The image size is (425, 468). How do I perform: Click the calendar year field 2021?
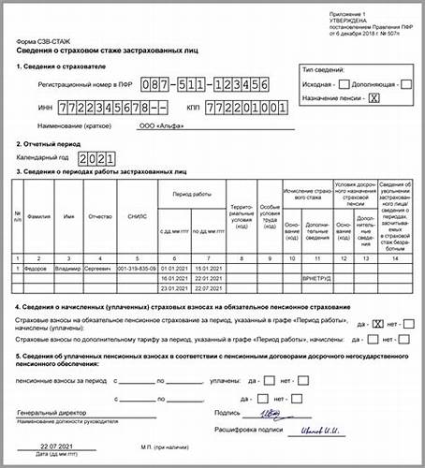coord(95,160)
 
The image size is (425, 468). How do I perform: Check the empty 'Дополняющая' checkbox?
coord(405,85)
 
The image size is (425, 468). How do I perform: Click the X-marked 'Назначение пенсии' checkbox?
coord(374,98)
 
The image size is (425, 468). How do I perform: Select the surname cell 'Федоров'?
coord(38,268)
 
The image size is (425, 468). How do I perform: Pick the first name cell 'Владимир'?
coord(68,268)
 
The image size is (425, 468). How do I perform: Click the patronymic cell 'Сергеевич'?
coord(96,268)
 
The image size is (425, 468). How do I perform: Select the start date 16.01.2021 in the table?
coord(174,278)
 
